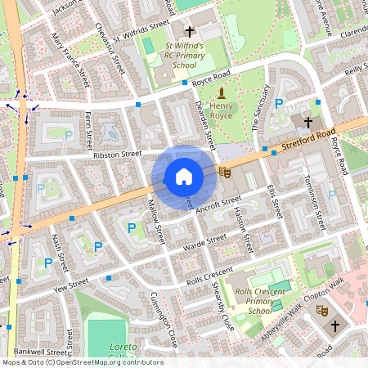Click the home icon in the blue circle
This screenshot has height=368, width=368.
click(183, 177)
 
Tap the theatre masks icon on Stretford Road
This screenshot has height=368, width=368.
click(225, 172)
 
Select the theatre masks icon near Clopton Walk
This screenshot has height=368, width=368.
click(322, 311)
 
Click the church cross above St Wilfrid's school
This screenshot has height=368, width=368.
click(190, 29)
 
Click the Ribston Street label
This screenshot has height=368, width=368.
click(118, 153)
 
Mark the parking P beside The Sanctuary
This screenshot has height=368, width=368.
click(279, 103)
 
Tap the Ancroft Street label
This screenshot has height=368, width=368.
click(218, 203)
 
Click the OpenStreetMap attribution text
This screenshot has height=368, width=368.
click(82, 361)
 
